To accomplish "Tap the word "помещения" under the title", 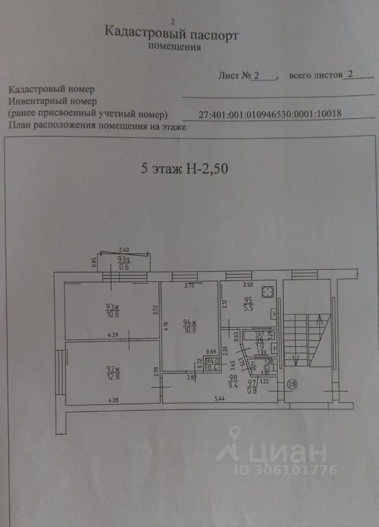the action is (174, 47).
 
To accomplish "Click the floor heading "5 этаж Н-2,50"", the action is (184, 169).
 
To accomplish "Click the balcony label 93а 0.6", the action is (123, 264).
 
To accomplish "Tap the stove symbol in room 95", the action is (268, 291).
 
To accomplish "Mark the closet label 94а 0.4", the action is (210, 365).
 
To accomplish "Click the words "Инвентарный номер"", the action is (53, 101).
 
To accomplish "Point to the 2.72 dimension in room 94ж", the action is (189, 286).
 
